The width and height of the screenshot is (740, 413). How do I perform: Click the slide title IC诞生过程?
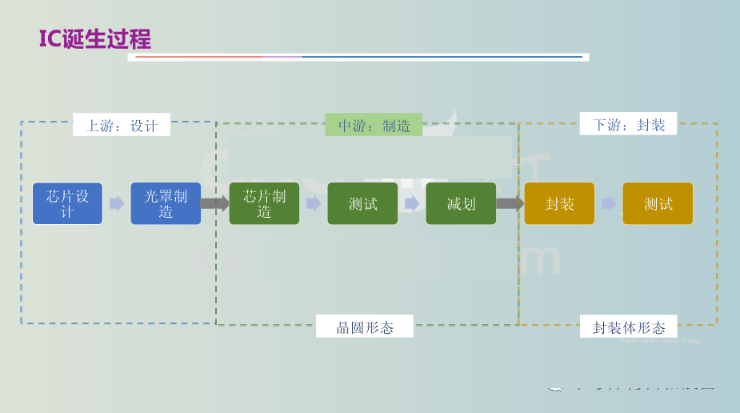[94, 38]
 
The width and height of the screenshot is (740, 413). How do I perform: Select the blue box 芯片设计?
[67, 203]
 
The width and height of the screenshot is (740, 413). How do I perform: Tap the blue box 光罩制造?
[166, 203]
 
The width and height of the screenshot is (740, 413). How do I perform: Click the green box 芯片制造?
[264, 203]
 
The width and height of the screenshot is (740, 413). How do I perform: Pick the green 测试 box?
[362, 203]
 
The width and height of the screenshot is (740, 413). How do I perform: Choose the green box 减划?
[461, 203]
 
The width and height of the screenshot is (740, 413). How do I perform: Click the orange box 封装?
[559, 203]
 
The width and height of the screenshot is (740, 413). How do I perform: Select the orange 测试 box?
[658, 203]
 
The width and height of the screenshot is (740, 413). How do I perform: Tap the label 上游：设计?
[122, 125]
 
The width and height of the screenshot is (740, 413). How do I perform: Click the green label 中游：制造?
[374, 125]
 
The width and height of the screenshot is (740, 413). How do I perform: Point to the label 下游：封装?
[629, 124]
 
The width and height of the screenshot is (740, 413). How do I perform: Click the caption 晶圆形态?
[365, 327]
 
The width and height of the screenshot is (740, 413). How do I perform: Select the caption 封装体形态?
[629, 327]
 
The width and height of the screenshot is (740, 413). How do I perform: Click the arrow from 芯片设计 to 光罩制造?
[117, 203]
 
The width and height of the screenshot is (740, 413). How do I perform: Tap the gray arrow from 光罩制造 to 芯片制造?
[214, 203]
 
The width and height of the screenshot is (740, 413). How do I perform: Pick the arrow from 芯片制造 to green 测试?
[314, 203]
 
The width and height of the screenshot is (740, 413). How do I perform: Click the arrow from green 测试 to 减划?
[412, 203]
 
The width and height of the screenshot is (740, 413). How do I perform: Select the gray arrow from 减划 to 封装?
[510, 203]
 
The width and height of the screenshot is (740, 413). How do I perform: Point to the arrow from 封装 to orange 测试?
[609, 203]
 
